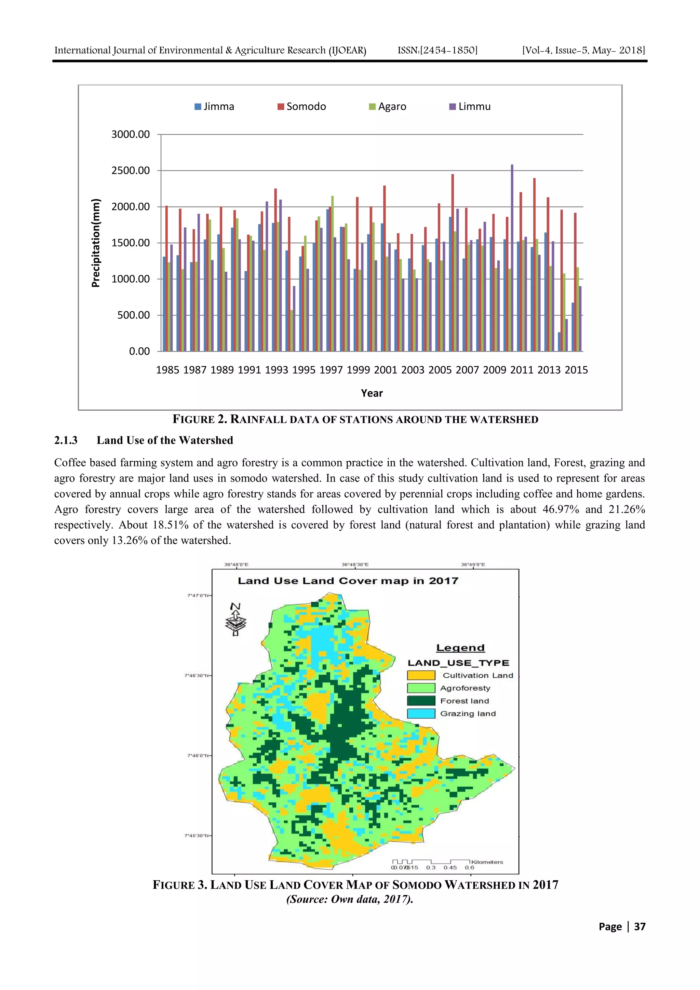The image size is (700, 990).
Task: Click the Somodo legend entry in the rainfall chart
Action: pos(302,107)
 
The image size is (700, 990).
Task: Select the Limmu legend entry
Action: pos(470,107)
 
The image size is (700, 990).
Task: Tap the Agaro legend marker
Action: pos(372,107)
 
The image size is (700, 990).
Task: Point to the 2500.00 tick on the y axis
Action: pos(130,171)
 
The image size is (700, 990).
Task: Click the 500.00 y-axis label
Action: pos(133,315)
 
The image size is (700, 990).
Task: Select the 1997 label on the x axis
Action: pos(331,370)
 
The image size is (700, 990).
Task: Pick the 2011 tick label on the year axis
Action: pos(522,370)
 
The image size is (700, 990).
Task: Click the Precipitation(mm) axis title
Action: pos(96,243)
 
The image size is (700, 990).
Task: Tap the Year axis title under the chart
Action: pos(372,393)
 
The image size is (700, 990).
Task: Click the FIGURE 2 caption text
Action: pos(355,420)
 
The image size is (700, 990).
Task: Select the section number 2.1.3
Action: pos(66,440)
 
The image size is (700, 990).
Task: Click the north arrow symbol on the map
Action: pos(235,619)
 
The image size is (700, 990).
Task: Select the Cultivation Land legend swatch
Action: pos(421,675)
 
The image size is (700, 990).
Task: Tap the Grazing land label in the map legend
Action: pos(468,714)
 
